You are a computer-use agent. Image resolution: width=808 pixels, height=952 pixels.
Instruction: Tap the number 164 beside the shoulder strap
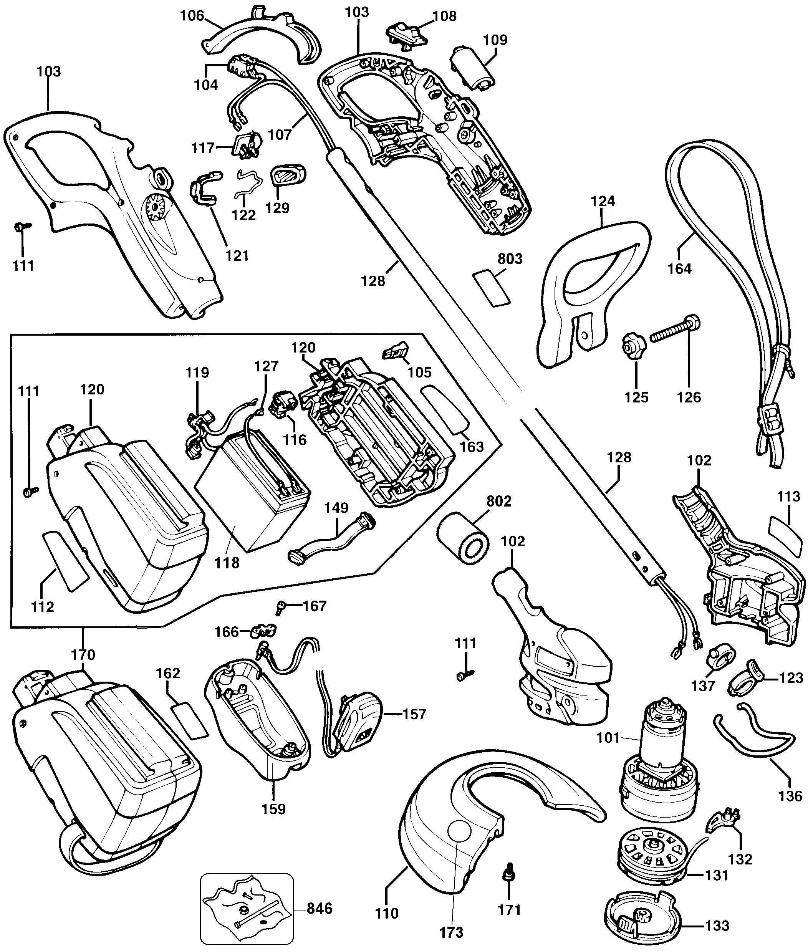tap(679, 268)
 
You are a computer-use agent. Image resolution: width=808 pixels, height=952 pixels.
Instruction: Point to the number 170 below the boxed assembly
tap(83, 655)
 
